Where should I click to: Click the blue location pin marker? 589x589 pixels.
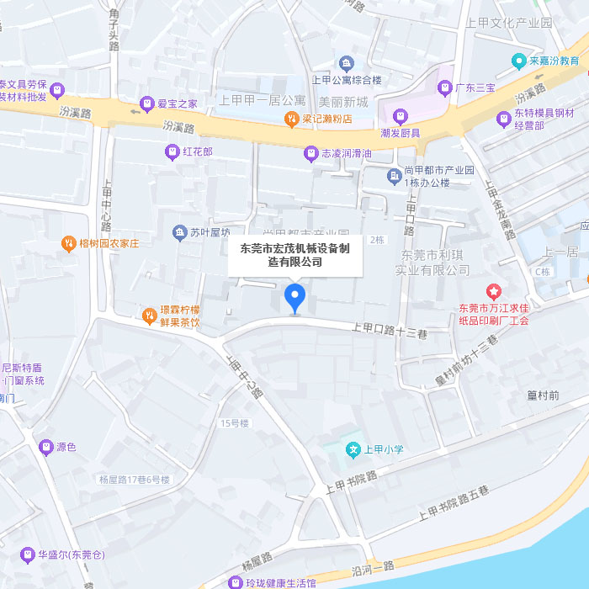[x=294, y=296]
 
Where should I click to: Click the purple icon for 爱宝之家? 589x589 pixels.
[x=146, y=104]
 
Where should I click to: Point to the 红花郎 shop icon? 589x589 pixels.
[x=172, y=152]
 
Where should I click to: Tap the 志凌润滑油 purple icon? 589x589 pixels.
[x=310, y=154]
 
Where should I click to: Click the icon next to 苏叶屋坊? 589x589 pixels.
[x=179, y=232]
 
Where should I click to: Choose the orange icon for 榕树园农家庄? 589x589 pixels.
[x=67, y=243]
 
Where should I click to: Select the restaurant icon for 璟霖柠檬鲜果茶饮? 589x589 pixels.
[x=149, y=316]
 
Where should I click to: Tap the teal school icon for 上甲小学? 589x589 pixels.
[x=354, y=449]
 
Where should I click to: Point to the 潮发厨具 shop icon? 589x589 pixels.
[x=401, y=115]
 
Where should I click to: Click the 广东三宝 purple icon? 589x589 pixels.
[x=445, y=87]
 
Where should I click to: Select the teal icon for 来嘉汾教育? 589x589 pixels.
[x=519, y=61]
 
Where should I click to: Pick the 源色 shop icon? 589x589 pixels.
[x=45, y=447]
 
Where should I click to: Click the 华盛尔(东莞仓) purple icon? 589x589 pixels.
[x=28, y=555]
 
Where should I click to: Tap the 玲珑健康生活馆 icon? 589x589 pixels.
[x=235, y=582]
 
